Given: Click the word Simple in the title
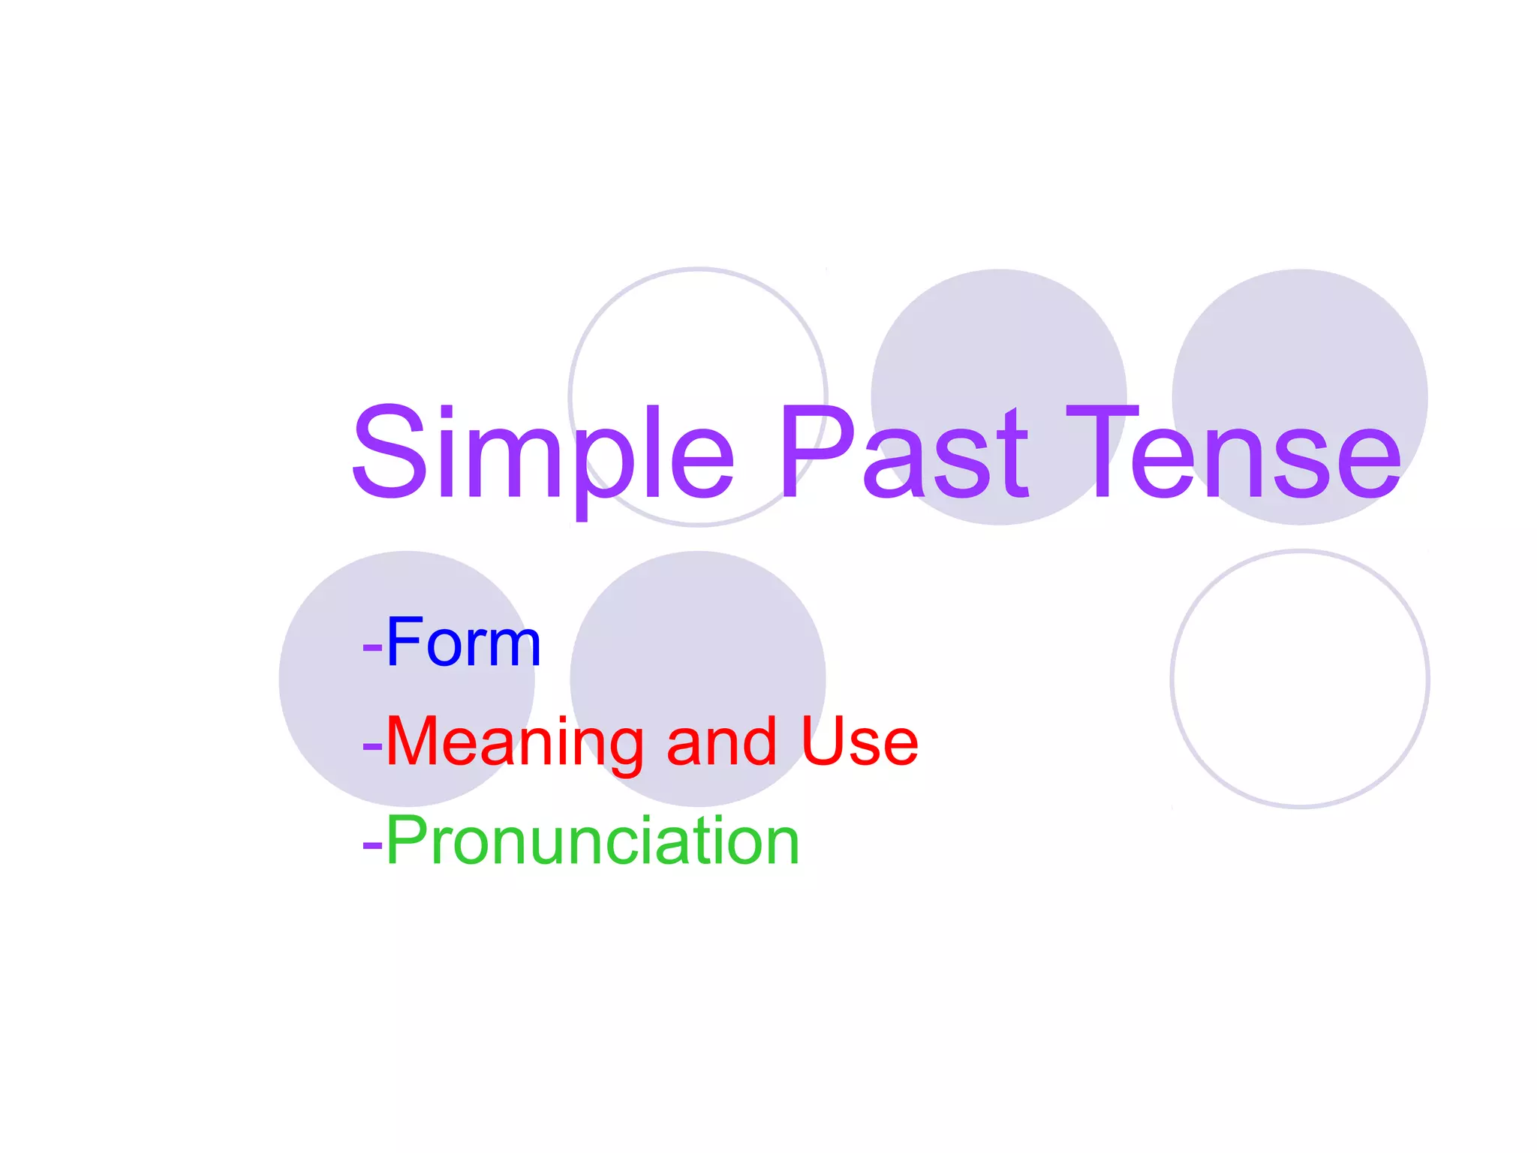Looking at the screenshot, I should pyautogui.click(x=542, y=453).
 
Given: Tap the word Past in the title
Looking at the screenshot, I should pyautogui.click(x=904, y=453).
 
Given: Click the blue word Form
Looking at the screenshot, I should pyautogui.click(x=463, y=643).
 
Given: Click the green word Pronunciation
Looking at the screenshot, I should pyautogui.click(x=592, y=841).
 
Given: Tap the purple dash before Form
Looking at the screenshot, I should pyautogui.click(x=372, y=646).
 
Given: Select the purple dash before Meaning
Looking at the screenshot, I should pyautogui.click(x=372, y=745).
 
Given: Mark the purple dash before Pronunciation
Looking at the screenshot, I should pyautogui.click(x=372, y=844).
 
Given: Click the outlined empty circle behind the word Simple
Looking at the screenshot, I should pyautogui.click(x=698, y=338).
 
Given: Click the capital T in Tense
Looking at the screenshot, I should pyautogui.click(x=1102, y=453).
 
